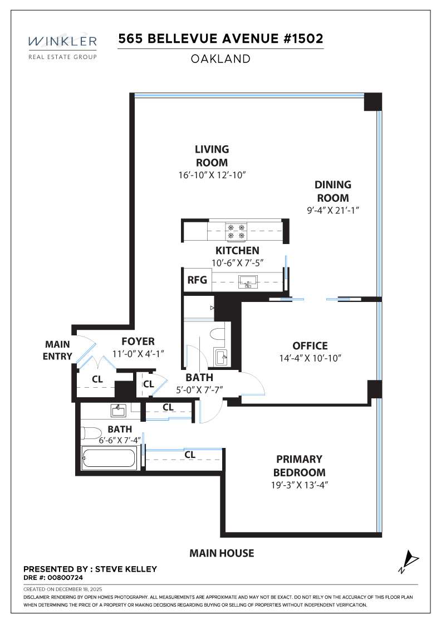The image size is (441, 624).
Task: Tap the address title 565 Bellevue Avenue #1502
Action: [220, 40]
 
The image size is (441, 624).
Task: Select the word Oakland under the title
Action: [220, 58]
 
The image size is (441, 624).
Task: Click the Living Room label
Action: [212, 156]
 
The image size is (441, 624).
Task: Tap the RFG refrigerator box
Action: [197, 280]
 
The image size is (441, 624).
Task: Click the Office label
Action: [310, 346]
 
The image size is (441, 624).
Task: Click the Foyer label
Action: [138, 342]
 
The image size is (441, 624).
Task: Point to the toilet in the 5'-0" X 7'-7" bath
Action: [216, 334]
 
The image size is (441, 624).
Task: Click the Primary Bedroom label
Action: [300, 466]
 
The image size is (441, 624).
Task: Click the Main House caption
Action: [222, 553]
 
